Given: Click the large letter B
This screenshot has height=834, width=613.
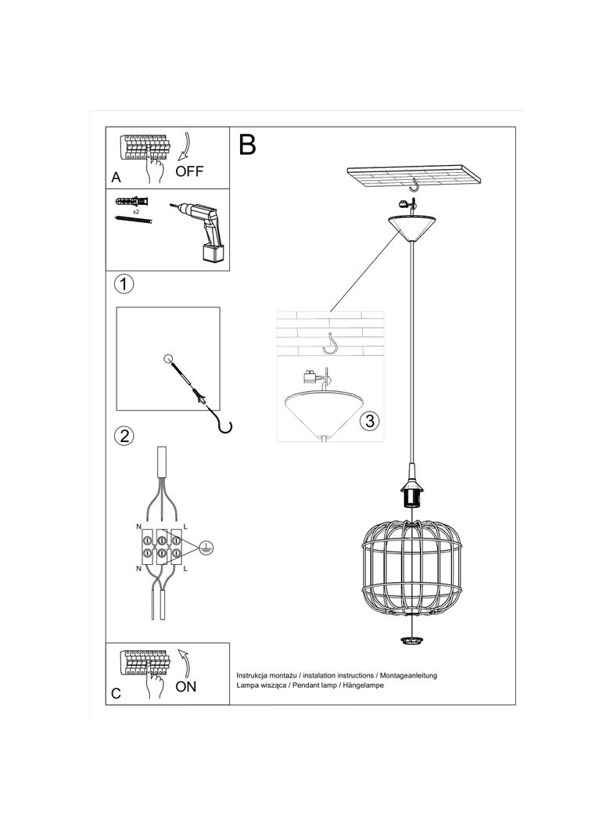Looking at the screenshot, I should click(x=248, y=145).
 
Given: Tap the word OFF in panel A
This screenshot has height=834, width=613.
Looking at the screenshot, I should click(x=189, y=171).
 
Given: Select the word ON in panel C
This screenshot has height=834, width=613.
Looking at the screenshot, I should click(x=186, y=687).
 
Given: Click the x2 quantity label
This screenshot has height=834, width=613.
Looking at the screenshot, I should click(x=136, y=212).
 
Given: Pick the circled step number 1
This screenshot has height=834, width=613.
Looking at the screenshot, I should click(x=124, y=283).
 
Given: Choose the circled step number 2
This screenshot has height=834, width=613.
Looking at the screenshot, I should click(x=124, y=436).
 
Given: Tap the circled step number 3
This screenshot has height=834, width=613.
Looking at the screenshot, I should click(x=370, y=420).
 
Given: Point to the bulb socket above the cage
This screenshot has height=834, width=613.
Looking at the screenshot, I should click(x=410, y=493).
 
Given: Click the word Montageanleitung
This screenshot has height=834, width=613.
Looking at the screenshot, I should click(x=408, y=674).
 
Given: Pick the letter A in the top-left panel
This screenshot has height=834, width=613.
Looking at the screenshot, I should click(x=116, y=178).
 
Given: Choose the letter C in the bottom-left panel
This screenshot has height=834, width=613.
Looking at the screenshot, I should click(x=116, y=693).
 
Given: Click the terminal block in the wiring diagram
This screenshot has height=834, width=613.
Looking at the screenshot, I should click(x=160, y=547).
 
